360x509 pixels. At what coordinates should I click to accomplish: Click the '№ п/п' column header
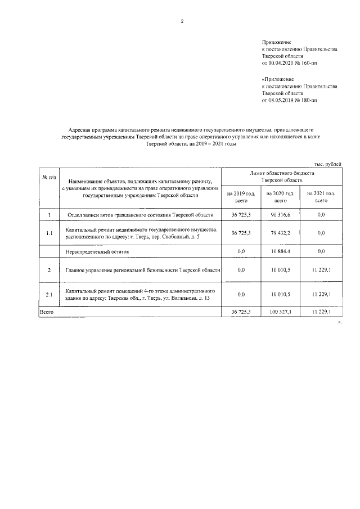pos(48,178)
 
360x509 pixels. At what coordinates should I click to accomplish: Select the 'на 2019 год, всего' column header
pos(241,196)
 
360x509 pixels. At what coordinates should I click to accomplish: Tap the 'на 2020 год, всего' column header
pos(280,196)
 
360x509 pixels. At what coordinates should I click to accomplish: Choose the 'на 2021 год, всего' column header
pos(321,196)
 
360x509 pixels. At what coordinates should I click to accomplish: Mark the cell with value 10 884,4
pos(280,251)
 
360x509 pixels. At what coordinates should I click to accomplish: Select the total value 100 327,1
pos(280,311)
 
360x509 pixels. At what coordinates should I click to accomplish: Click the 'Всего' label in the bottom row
pos(46,311)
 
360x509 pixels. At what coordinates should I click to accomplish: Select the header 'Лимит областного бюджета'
pos(280,174)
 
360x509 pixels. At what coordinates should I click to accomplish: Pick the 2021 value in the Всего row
pos(321,311)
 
